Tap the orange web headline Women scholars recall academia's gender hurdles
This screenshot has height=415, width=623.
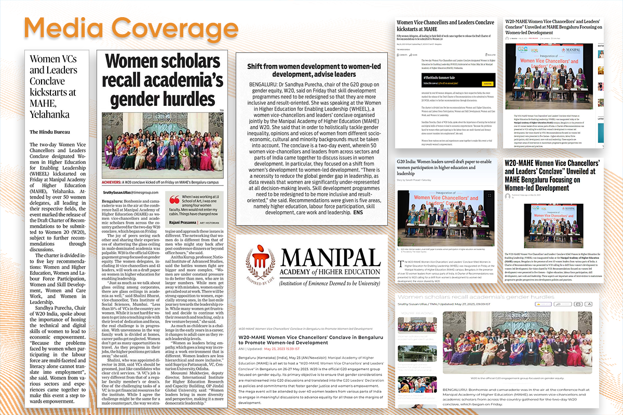coord(481,296)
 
